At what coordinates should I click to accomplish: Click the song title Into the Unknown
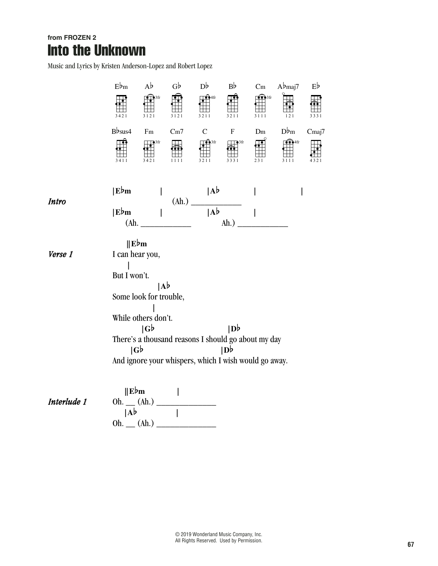point(96,50)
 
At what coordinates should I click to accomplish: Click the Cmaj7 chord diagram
point(316,148)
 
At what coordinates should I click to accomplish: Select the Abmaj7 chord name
point(288,87)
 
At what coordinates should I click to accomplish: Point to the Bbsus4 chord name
point(121,131)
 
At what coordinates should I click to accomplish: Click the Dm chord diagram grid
point(260,148)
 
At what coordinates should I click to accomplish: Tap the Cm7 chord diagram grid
point(177,148)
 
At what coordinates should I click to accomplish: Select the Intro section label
point(57,202)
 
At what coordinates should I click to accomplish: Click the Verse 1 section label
point(60,255)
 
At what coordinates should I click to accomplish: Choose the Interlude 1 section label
point(67,402)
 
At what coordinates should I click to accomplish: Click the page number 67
point(411,544)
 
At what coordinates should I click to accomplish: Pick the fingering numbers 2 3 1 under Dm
point(259,160)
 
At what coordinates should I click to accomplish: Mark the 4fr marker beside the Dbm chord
point(297,142)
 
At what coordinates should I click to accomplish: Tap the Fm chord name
point(149,131)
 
